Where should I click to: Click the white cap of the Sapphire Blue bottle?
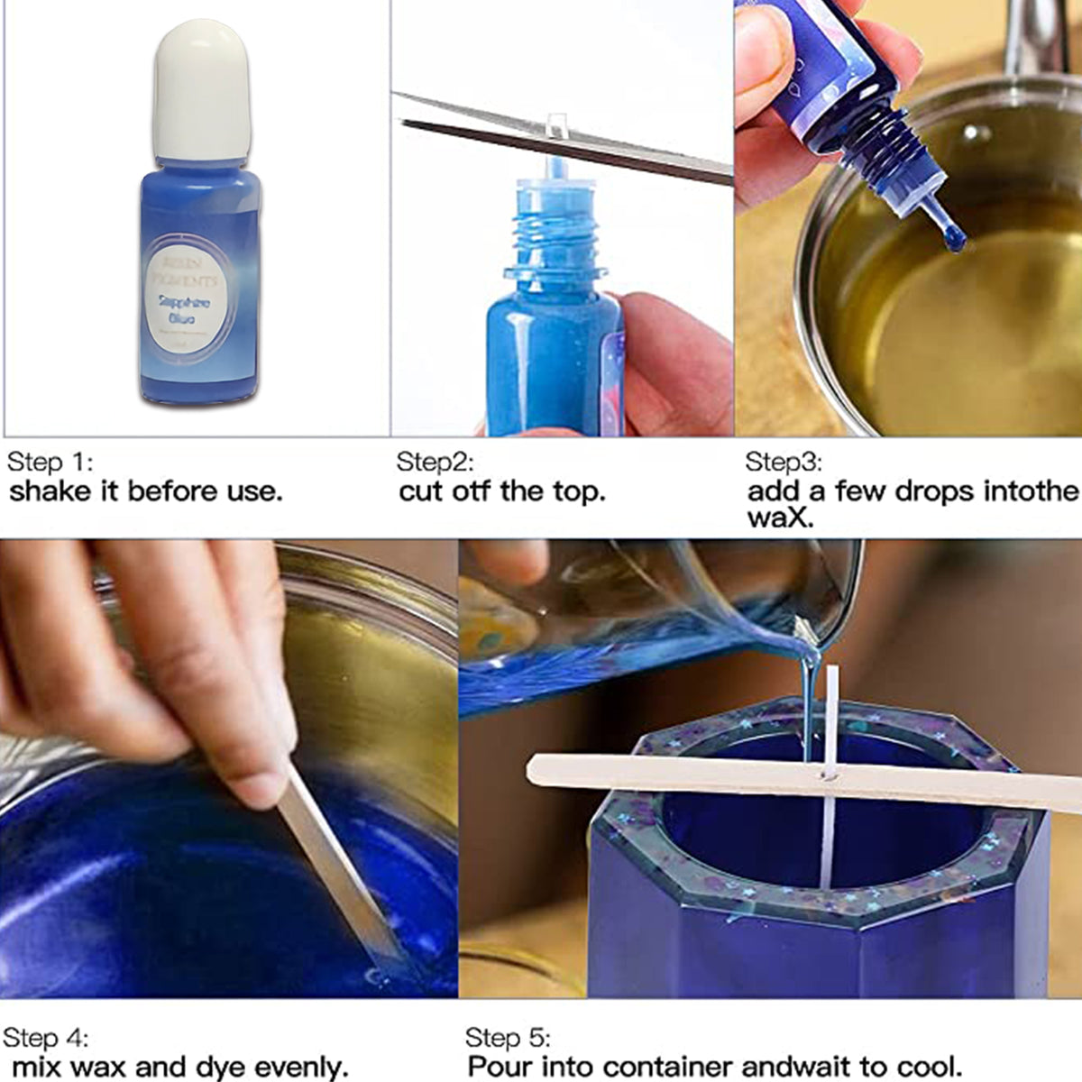(x=199, y=90)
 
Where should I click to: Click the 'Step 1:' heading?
(x=50, y=463)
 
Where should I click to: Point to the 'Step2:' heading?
(x=435, y=463)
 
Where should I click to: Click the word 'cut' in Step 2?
(x=420, y=491)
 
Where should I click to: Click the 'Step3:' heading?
(x=783, y=463)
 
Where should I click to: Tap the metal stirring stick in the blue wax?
(x=338, y=866)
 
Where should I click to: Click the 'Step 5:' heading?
(x=508, y=1038)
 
